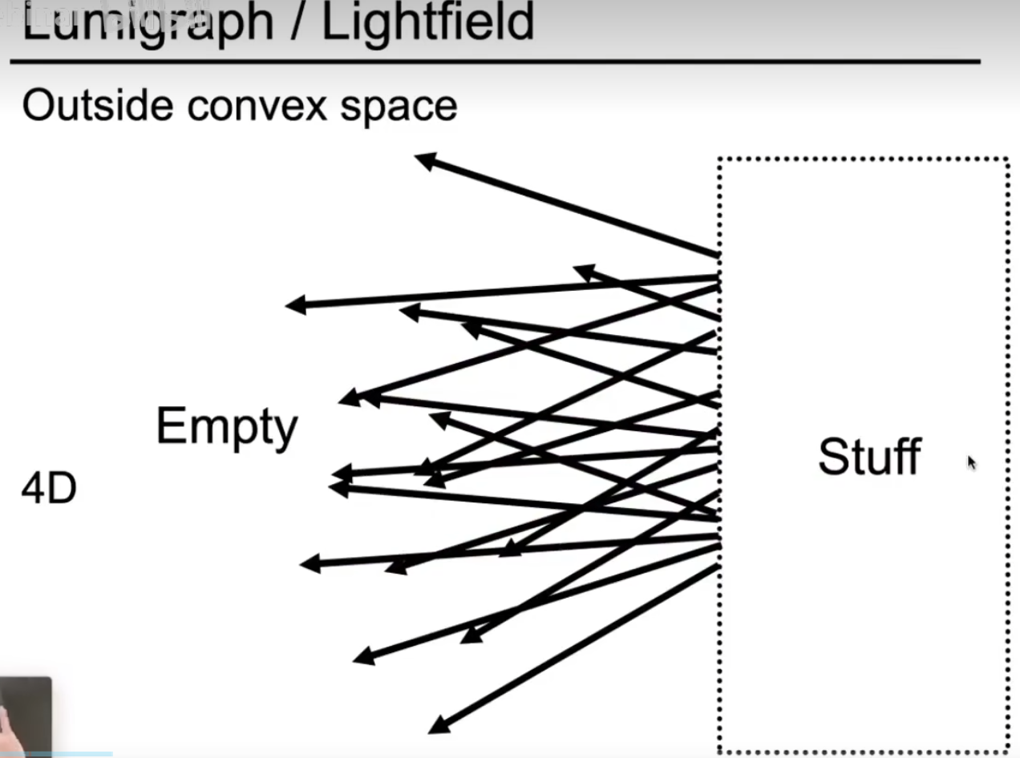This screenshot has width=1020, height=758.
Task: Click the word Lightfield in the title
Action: click(x=427, y=22)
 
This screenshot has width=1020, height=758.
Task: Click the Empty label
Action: click(x=226, y=427)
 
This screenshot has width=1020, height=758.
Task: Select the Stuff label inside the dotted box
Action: click(x=869, y=457)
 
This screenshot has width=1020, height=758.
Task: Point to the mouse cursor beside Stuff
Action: click(x=972, y=462)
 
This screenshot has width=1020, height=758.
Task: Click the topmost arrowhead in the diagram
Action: click(x=424, y=160)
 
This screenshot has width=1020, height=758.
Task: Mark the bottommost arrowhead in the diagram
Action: click(x=438, y=727)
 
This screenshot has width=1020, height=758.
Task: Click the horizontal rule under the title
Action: click(x=495, y=61)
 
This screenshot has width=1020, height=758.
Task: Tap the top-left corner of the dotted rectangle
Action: click(x=720, y=160)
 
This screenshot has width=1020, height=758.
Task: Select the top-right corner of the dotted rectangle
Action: click(x=1007, y=160)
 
